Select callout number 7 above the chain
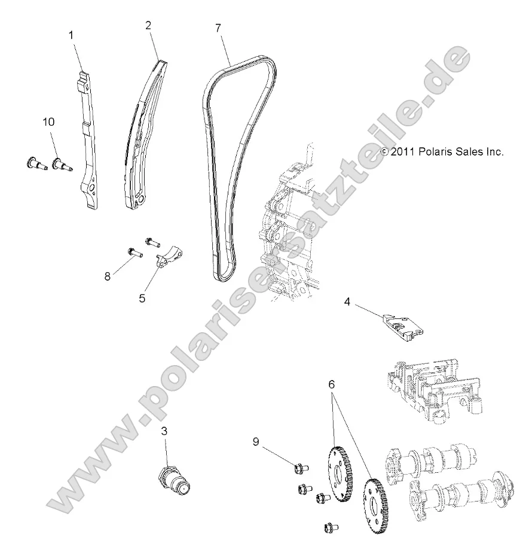[218, 28]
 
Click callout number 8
[108, 260]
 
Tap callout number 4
[347, 302]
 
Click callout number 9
[256, 442]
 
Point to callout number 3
[163, 431]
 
